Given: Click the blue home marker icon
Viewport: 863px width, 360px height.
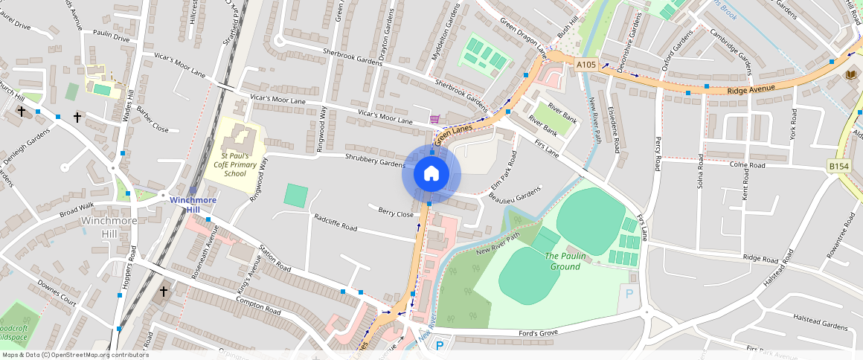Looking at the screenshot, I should pyautogui.click(x=431, y=174).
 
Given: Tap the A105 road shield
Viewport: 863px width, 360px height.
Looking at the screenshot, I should pyautogui.click(x=586, y=65).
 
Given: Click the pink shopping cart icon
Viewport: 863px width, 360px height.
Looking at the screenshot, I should pyautogui.click(x=434, y=119).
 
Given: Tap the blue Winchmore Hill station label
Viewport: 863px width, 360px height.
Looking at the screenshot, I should pyautogui.click(x=193, y=205).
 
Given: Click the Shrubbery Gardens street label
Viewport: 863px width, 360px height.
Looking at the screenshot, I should pyautogui.click(x=374, y=158).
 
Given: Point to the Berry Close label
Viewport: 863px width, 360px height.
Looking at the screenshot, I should pyautogui.click(x=396, y=213).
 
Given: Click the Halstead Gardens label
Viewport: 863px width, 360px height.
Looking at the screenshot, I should pyautogui.click(x=821, y=327).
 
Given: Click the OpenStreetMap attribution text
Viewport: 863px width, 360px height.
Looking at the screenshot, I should pyautogui.click(x=74, y=355).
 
